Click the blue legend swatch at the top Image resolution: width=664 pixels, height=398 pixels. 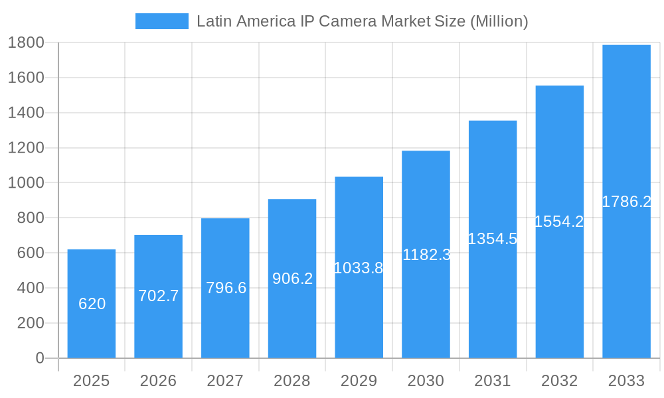(161, 21)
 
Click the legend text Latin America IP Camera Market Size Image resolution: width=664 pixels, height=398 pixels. (362, 21)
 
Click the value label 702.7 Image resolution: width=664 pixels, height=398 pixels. (159, 296)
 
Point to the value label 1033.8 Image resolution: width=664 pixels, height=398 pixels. (359, 268)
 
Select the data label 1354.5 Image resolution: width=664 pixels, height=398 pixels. (492, 239)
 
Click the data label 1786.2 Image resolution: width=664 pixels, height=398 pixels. (626, 202)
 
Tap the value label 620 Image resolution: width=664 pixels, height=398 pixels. (92, 304)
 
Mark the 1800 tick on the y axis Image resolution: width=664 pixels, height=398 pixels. (26, 43)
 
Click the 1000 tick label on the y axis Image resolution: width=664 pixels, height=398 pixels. (26, 183)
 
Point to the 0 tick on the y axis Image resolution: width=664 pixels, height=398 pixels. (39, 358)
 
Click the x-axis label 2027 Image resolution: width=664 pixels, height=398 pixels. (225, 381)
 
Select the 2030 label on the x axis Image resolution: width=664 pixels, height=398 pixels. (426, 381)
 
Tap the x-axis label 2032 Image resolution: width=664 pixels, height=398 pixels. (559, 381)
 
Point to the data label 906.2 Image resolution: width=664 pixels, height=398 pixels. (292, 279)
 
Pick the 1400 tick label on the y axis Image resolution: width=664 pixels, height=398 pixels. (26, 113)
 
